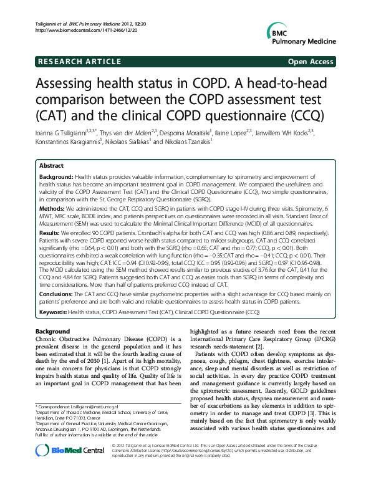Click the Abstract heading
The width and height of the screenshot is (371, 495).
click(x=51, y=166)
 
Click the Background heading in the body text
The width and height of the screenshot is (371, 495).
click(x=52, y=331)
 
